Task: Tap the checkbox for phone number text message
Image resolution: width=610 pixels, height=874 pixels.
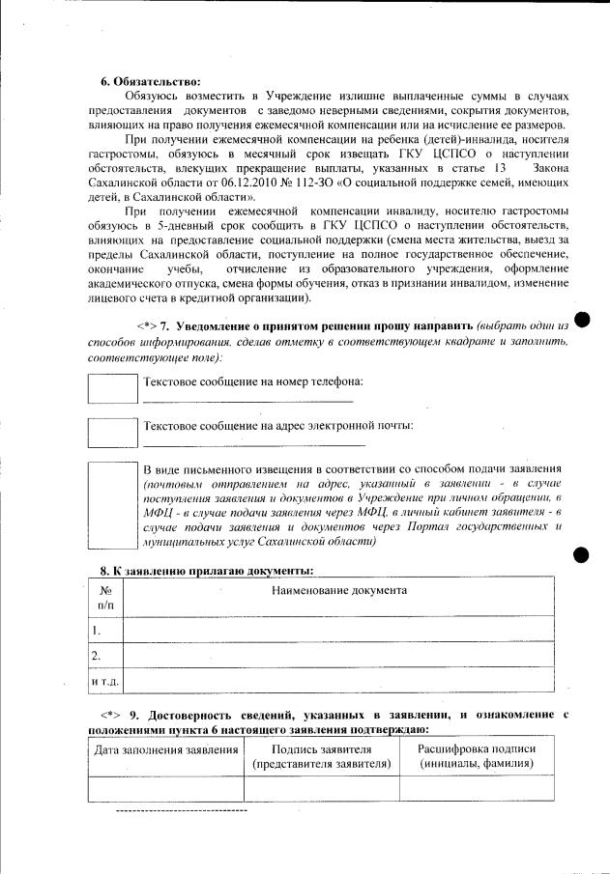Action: point(113,388)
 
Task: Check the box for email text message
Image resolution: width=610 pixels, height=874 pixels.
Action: point(113,433)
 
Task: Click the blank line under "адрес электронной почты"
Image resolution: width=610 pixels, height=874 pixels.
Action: point(253,444)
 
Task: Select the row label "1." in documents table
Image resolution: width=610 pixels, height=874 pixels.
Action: point(97,631)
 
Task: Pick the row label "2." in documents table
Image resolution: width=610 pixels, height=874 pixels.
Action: point(97,656)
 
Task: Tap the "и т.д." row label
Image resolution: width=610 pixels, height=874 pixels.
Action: point(103,682)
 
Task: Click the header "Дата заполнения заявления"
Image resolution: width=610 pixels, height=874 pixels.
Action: point(165,750)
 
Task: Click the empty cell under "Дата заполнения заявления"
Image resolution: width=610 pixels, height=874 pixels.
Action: point(165,788)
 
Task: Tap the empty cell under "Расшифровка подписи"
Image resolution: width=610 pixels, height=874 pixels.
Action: point(476,788)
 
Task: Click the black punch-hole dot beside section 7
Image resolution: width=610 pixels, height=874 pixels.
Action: point(581,320)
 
